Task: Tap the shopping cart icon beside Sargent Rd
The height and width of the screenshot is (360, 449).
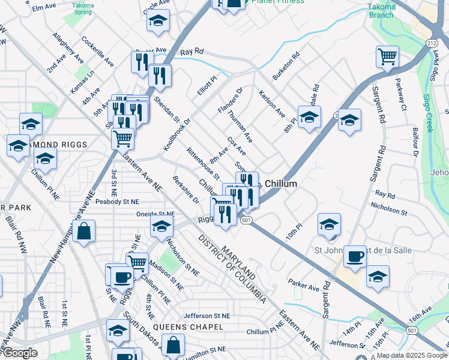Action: pyautogui.click(x=387, y=58)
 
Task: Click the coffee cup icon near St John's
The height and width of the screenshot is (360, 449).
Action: pyautogui.click(x=355, y=257)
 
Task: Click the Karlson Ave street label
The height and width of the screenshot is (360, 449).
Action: pyautogui.click(x=271, y=103)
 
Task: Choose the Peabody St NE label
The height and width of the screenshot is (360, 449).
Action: pyautogui.click(x=116, y=202)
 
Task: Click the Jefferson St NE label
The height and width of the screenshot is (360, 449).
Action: pyautogui.click(x=206, y=316)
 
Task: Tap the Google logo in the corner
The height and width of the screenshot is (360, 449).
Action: pyautogui.click(x=20, y=353)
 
